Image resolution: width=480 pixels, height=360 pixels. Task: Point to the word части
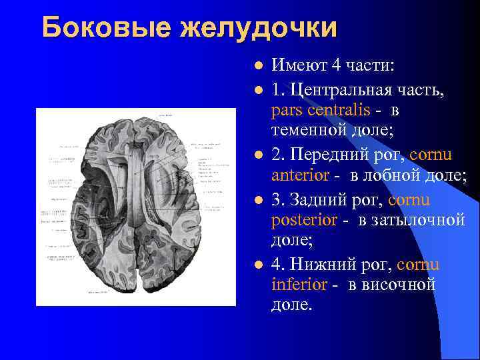369,66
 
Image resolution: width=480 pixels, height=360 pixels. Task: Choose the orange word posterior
303,221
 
